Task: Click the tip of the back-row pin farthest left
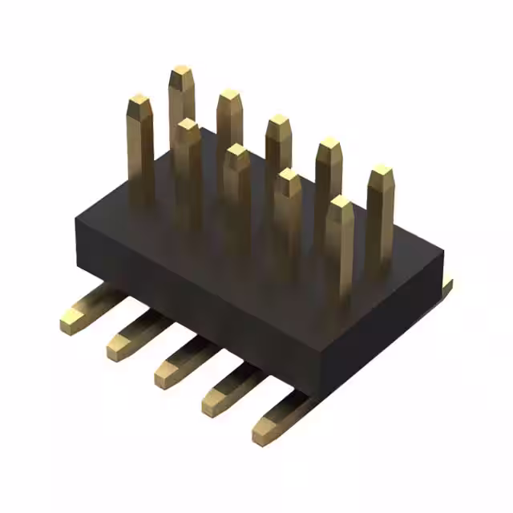coord(182,75)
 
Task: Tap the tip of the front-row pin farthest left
coord(140,102)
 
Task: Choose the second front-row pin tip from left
coord(188,127)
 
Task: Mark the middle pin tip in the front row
coord(237,151)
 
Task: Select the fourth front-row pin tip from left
coord(288,177)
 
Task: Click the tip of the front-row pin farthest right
coord(340,204)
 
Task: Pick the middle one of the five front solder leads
coord(168,370)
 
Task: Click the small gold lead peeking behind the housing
coord(446,285)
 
